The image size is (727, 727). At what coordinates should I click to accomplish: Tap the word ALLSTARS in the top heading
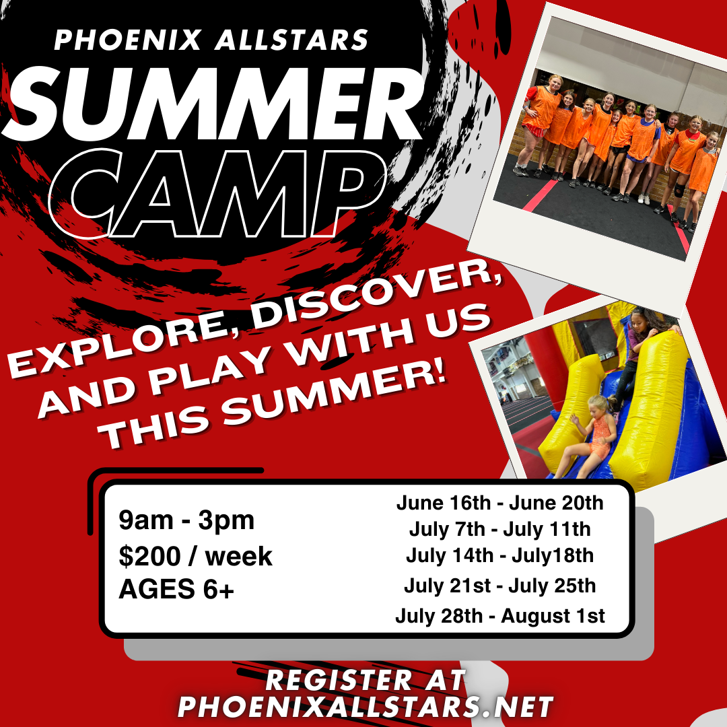pos(291,40)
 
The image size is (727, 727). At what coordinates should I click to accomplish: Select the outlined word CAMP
pos(218,193)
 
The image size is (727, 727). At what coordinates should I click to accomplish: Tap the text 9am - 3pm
pos(186,520)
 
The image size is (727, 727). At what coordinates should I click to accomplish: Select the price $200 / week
pos(196,556)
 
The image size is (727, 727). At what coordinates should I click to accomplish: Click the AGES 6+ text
pos(176,589)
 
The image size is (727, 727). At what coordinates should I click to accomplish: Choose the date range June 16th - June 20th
pos(499,503)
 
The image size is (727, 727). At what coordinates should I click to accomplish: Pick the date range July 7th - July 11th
pos(499,530)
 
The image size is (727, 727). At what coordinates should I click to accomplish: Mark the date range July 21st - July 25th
pos(499,586)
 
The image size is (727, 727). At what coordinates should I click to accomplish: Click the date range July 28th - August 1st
pos(499,616)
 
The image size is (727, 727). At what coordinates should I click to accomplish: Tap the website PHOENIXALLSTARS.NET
pos(366,707)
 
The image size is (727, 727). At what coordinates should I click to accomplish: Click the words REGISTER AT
pos(366,680)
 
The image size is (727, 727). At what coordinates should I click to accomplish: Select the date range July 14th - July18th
pos(499,555)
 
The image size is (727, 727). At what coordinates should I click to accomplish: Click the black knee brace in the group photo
pos(679,189)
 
